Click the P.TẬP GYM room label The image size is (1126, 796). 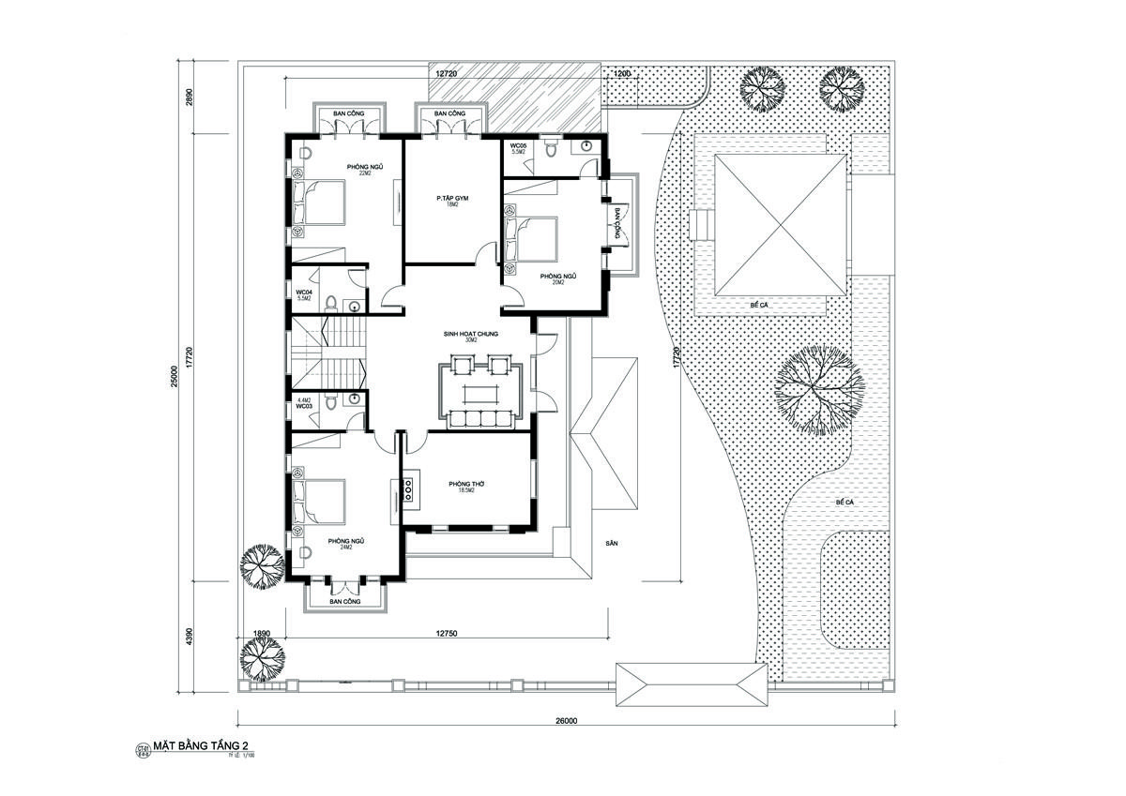click(x=452, y=199)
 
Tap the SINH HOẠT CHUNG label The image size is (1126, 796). click(x=471, y=334)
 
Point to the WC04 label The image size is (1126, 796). click(x=304, y=293)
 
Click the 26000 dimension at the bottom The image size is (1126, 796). click(x=565, y=720)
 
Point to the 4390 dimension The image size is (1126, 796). click(x=189, y=634)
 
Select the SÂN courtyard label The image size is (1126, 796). click(x=613, y=543)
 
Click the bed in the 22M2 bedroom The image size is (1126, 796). click(x=319, y=203)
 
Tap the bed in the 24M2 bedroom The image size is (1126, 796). click(x=319, y=502)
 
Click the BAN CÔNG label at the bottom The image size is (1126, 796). click(x=345, y=601)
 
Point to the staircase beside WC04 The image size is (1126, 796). click(x=327, y=350)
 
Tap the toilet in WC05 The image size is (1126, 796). click(x=553, y=148)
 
